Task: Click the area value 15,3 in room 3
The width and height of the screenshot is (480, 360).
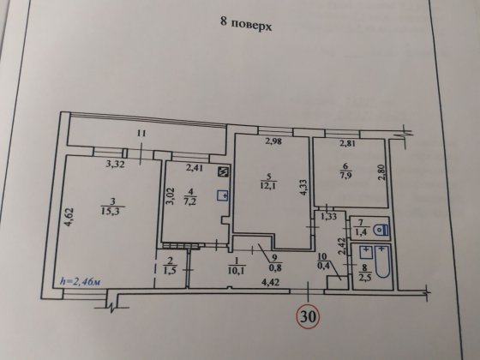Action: click(109, 212)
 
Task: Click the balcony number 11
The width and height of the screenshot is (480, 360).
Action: click(141, 133)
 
